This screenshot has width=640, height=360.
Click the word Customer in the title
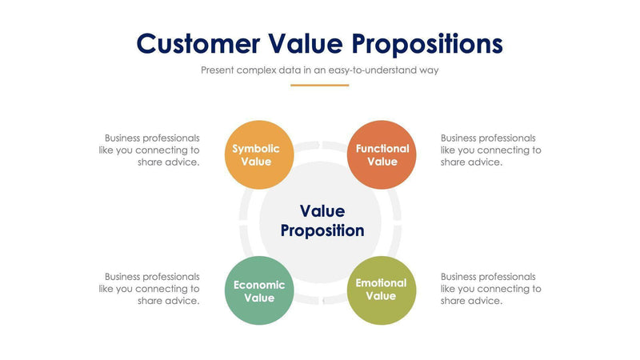coord(198,43)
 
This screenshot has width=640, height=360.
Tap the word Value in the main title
coord(305,43)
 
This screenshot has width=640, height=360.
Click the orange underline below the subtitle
coord(320,85)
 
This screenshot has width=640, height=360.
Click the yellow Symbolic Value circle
coord(256,155)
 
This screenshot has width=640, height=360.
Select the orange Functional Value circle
coord(382,155)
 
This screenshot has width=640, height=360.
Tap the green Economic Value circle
coord(259,291)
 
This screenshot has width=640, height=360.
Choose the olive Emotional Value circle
coord(382,290)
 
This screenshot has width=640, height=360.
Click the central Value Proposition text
coord(322,221)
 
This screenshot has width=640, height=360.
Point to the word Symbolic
coord(256,149)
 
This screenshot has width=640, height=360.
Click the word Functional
coord(382,149)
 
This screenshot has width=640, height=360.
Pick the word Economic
coord(259,285)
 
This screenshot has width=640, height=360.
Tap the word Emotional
coord(382,283)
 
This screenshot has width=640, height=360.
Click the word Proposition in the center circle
coord(322,231)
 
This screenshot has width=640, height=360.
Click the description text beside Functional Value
coord(490,150)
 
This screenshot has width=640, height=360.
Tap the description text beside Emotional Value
coord(490,289)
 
